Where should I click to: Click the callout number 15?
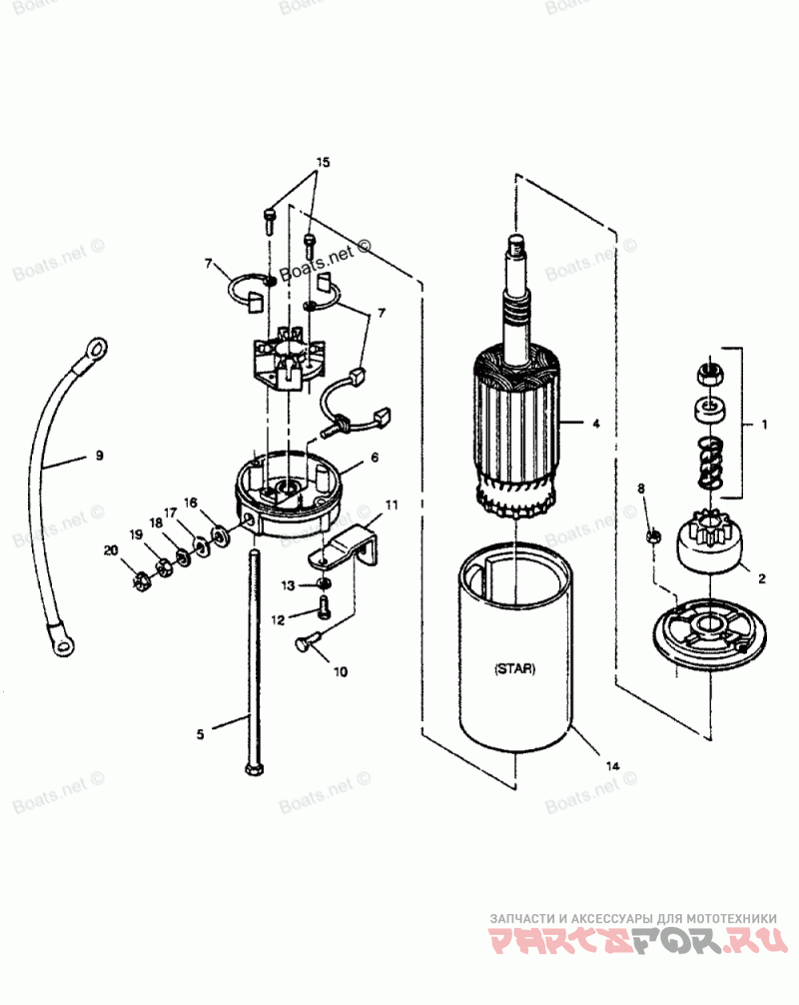point(323,162)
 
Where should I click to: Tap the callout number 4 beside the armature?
point(595,424)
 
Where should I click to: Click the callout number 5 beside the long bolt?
point(200,734)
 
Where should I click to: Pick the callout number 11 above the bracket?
point(391,505)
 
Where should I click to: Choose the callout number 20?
point(110,550)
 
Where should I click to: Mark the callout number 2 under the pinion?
point(762,577)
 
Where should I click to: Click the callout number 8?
point(641,489)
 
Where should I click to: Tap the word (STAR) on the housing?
point(513,669)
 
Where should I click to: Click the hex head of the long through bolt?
point(250,769)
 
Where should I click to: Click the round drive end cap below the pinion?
point(709,637)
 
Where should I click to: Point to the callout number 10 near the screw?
point(340,671)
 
